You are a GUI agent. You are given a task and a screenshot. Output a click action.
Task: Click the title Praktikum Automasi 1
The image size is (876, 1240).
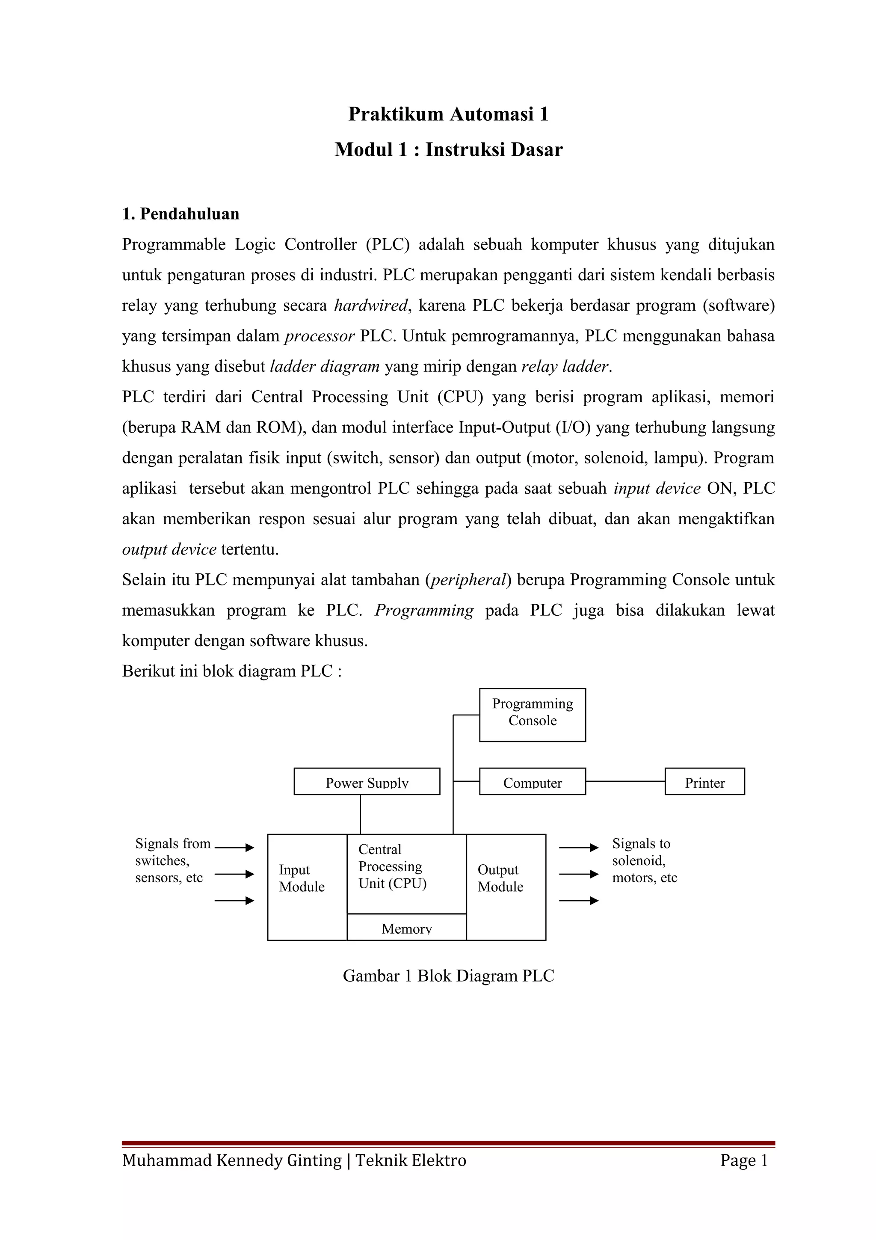(448, 114)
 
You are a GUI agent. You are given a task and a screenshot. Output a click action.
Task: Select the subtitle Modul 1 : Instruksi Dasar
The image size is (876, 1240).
(448, 150)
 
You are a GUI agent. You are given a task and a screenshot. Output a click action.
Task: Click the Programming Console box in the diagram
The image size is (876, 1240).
(532, 714)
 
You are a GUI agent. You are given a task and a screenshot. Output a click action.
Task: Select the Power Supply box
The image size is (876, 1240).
(367, 781)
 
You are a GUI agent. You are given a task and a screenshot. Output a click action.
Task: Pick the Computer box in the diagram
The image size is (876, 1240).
(532, 781)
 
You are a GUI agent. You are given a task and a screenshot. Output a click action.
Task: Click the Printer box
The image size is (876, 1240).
(704, 781)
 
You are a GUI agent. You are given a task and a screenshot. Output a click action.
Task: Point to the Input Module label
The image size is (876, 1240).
(301, 878)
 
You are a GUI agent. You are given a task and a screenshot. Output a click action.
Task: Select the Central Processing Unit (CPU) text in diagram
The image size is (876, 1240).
(392, 866)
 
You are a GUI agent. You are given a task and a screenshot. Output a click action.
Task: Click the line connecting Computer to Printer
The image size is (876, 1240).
(625, 781)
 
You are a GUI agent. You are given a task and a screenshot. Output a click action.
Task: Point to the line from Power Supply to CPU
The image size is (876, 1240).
(360, 814)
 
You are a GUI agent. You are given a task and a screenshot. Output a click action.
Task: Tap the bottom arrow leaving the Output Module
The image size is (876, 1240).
(579, 900)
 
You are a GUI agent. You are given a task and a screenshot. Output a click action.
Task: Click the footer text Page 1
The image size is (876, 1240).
(743, 1160)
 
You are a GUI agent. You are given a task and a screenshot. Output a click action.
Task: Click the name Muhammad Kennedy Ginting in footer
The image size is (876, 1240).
(232, 1160)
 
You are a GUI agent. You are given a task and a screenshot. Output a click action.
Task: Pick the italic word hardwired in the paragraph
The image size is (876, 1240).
(371, 306)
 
